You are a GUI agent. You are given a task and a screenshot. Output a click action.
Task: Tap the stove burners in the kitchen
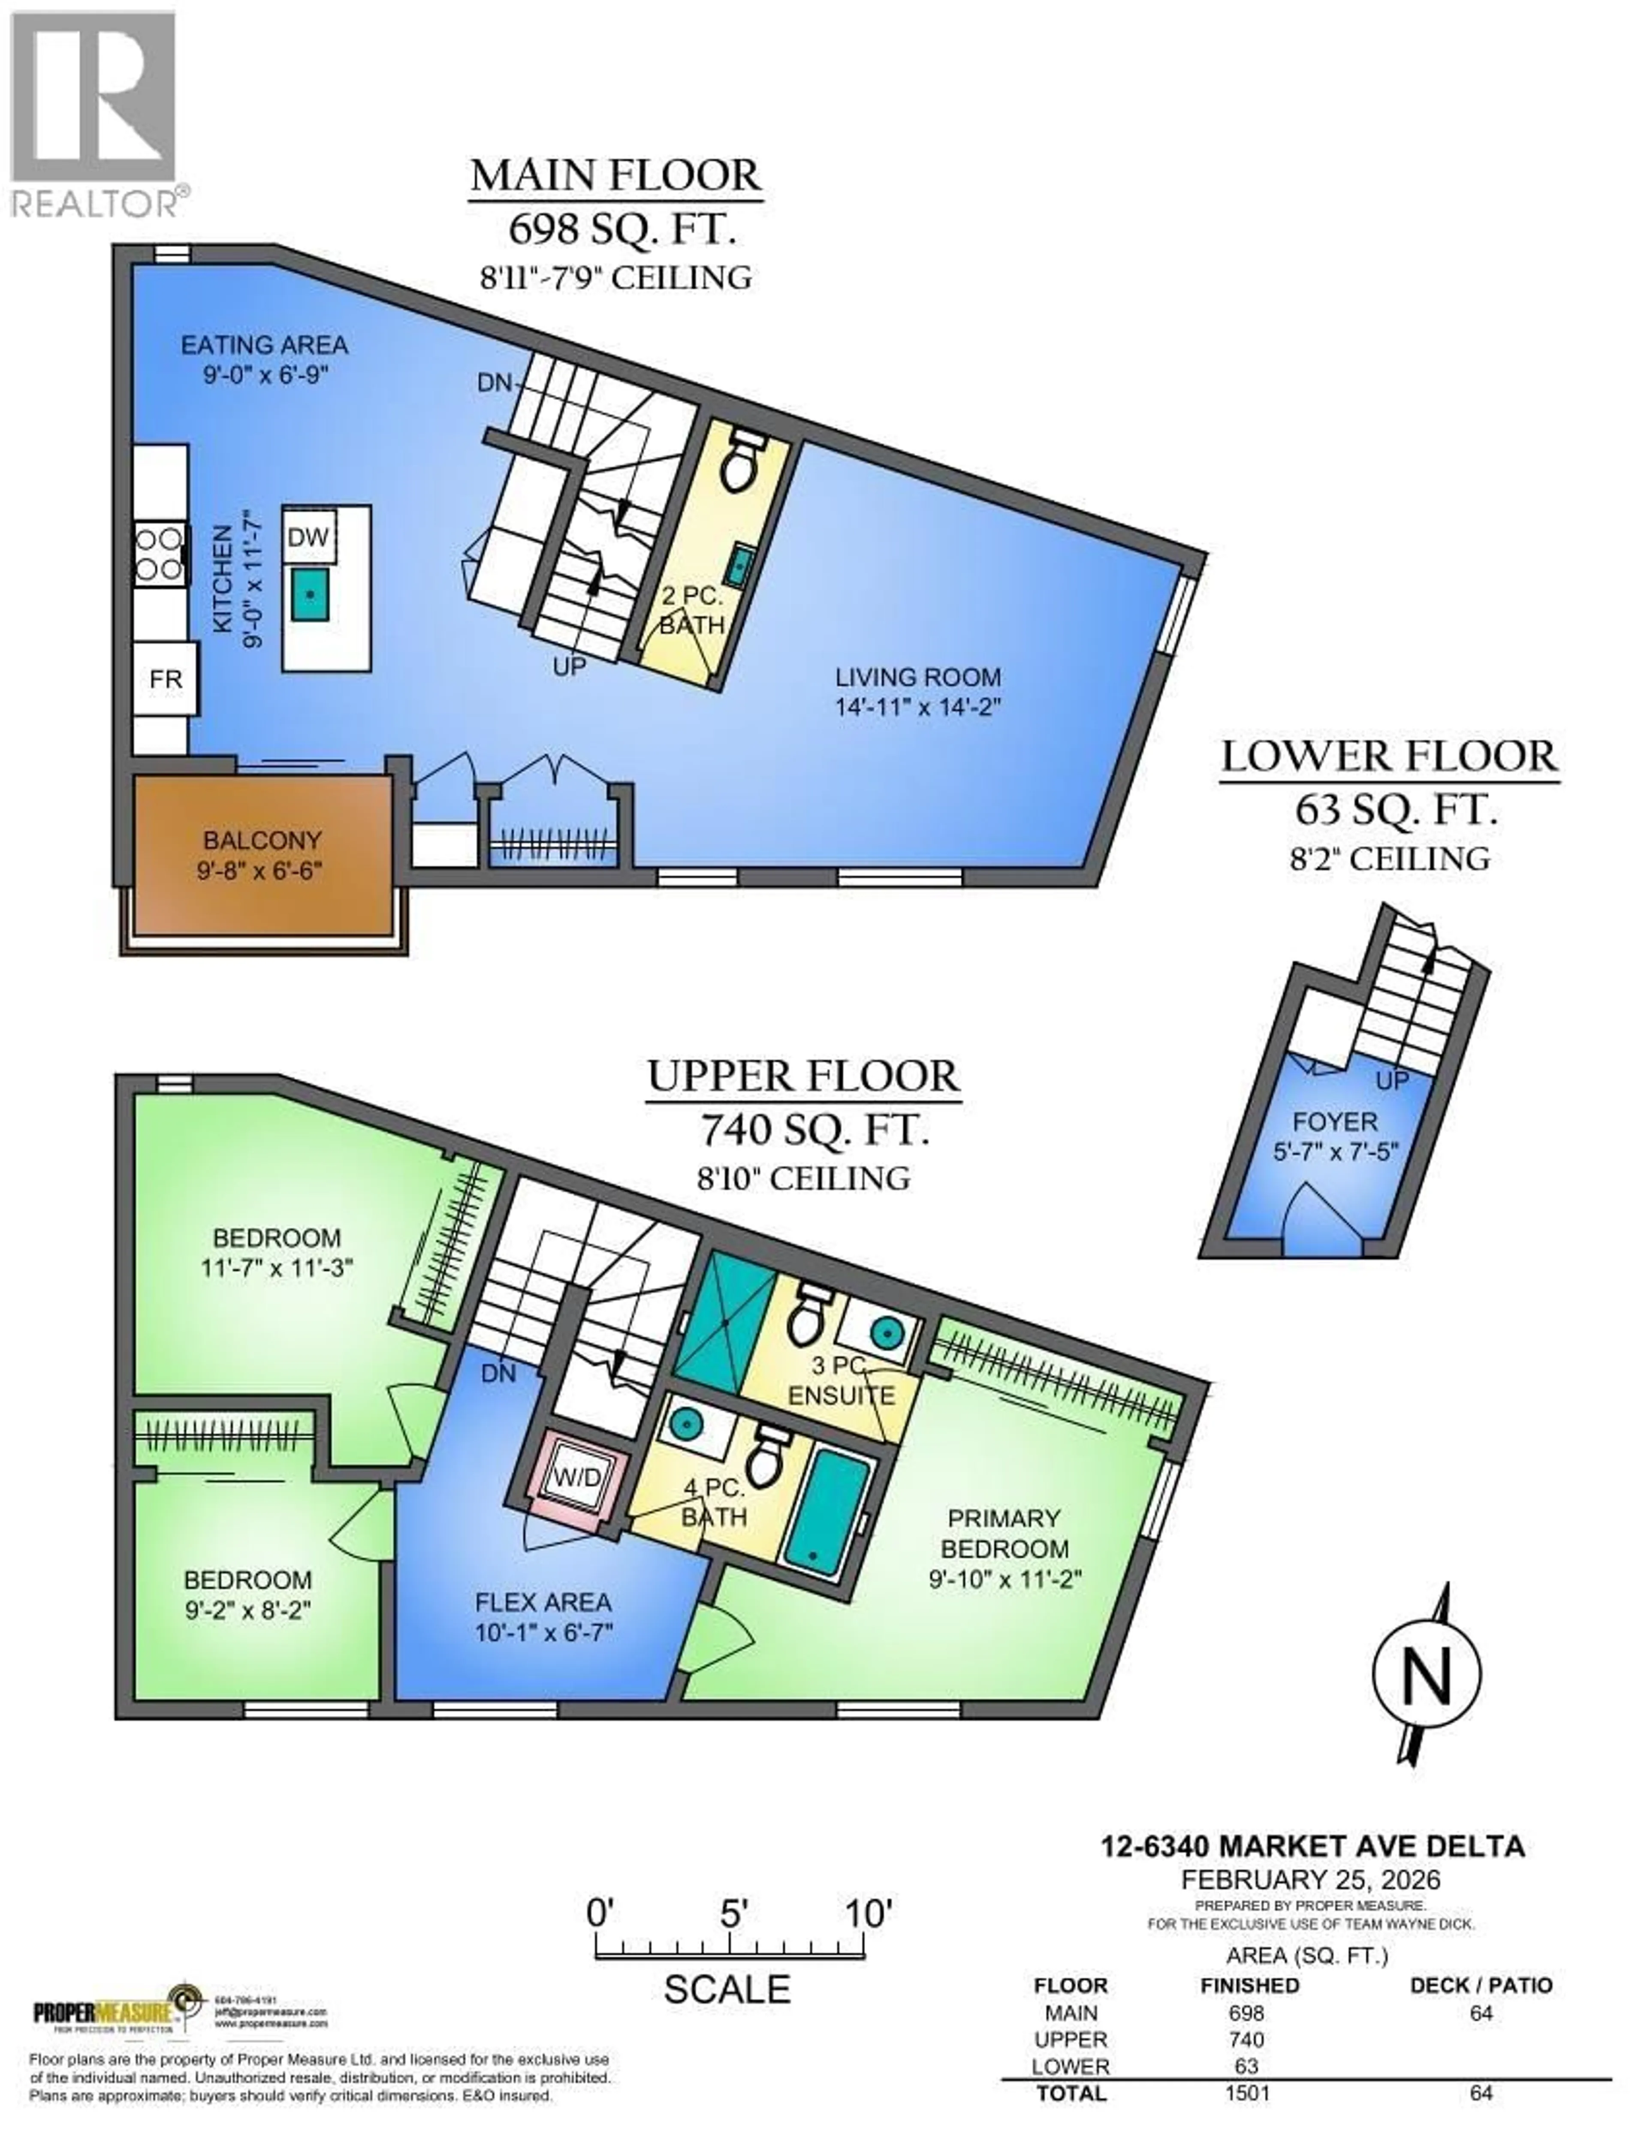click(159, 554)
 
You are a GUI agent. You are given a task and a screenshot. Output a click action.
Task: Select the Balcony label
click(262, 839)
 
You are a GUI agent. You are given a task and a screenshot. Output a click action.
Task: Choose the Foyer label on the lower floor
click(1335, 1122)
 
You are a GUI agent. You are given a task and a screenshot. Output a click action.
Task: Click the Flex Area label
click(543, 1602)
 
